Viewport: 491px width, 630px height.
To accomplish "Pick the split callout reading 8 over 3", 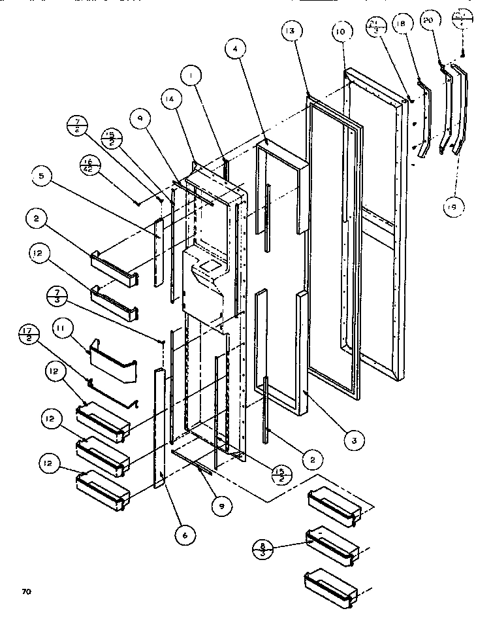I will pos(262,546).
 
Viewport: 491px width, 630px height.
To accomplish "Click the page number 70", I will pos(26,593).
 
